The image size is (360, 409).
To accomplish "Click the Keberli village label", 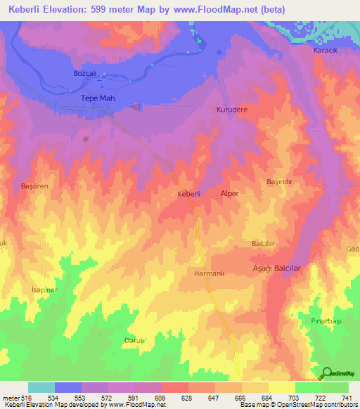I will [189, 193].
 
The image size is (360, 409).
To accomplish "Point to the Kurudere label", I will [233, 110].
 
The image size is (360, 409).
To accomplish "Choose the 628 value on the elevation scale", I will [188, 397].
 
